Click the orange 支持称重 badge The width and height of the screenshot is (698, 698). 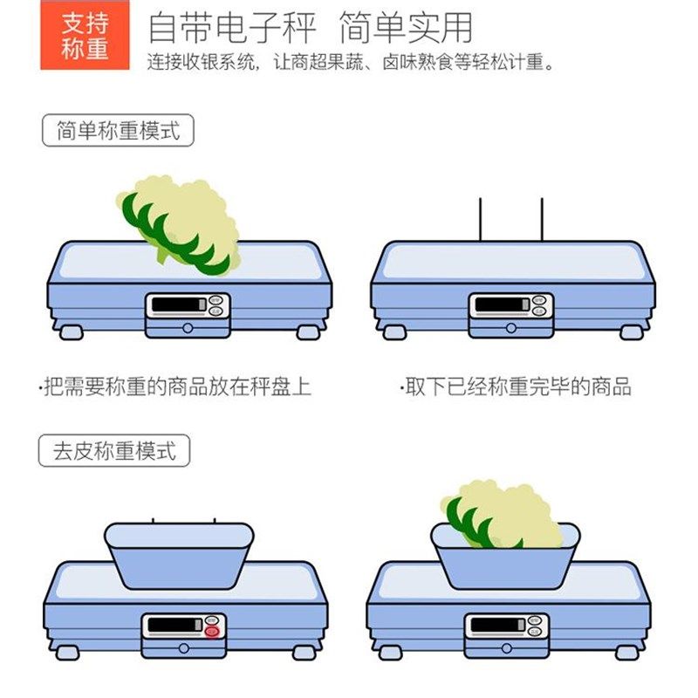(x=85, y=36)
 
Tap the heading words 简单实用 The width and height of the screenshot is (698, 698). (x=405, y=27)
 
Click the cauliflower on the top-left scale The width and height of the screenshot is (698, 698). (x=179, y=218)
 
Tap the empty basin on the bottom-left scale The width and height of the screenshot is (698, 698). (x=179, y=556)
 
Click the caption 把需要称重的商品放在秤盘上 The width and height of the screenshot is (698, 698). (x=175, y=387)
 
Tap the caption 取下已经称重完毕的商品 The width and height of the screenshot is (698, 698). (x=516, y=387)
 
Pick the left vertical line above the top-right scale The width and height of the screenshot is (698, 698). (x=480, y=220)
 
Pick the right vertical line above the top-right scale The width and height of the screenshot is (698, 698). (x=541, y=220)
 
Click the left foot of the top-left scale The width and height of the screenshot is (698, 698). (x=69, y=332)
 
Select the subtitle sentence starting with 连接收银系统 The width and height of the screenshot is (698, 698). (x=349, y=64)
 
